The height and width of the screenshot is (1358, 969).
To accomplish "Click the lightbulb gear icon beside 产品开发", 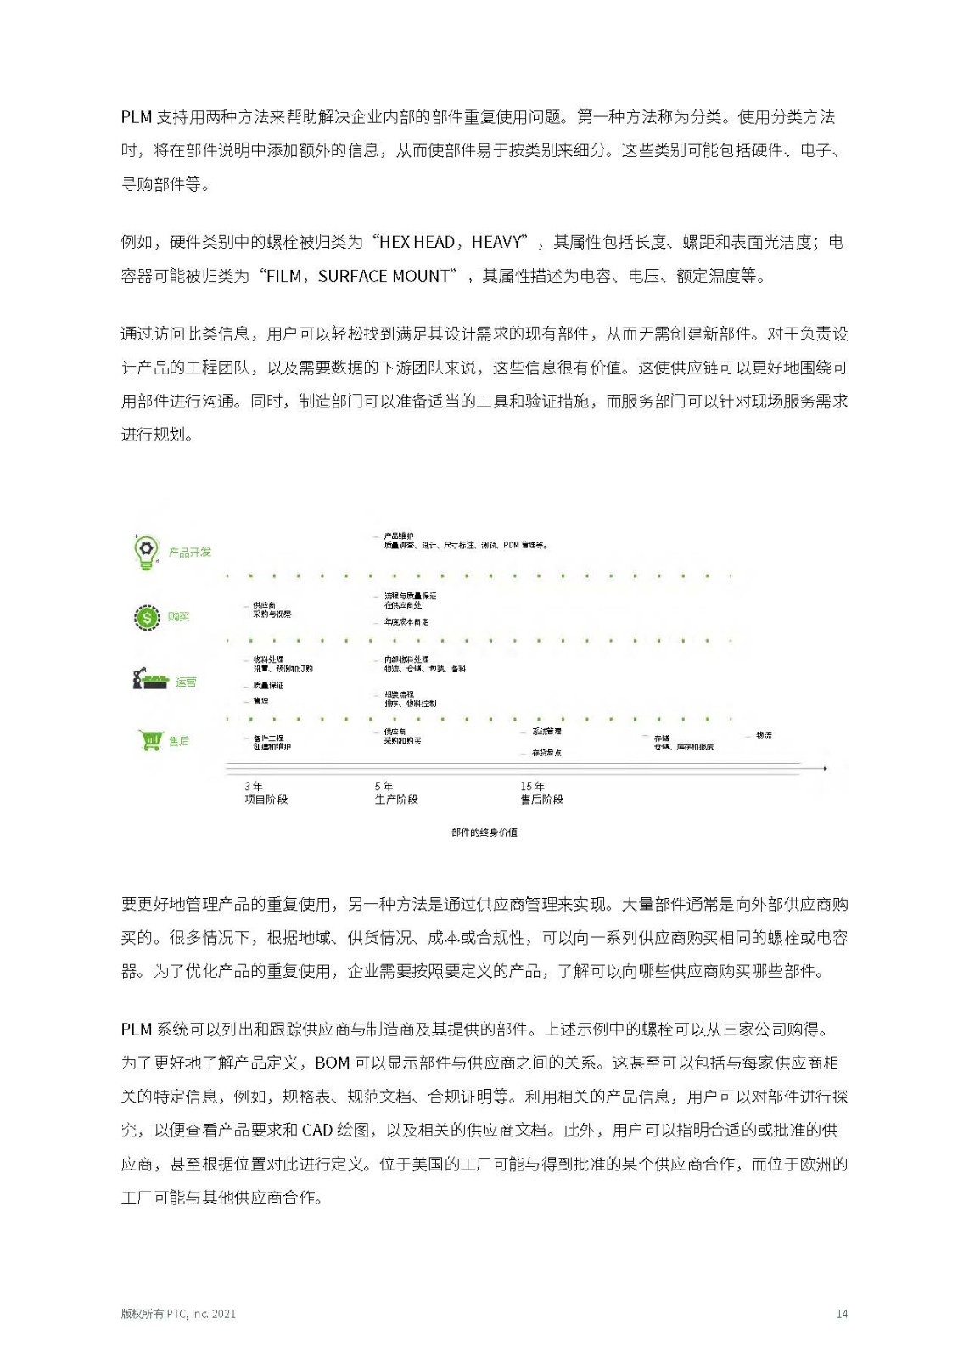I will tap(146, 551).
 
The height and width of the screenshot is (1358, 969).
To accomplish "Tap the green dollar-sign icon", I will tap(147, 617).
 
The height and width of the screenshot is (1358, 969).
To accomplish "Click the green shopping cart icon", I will tap(150, 740).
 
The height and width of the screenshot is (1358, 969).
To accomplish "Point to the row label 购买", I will tap(178, 617).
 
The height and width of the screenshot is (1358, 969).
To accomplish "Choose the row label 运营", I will tap(186, 682).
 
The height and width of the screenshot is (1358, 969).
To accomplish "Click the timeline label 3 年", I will tap(254, 787).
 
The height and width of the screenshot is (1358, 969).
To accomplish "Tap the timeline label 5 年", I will tap(384, 787).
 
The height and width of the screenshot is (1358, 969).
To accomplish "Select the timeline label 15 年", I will tap(532, 787).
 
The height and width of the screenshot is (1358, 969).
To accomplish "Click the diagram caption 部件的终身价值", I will tap(484, 833).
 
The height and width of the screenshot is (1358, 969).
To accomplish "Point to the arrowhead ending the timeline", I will tap(824, 768).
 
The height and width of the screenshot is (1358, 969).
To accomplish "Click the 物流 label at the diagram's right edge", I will tap(764, 736).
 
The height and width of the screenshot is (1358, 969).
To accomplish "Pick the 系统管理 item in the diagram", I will tap(546, 732).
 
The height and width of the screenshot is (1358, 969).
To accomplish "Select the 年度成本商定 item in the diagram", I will tap(406, 622).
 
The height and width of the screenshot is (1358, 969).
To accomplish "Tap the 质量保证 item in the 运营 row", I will tap(268, 686).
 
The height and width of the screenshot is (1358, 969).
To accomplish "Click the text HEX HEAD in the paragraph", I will tap(417, 243).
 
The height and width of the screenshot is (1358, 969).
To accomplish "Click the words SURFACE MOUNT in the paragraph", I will tap(384, 277).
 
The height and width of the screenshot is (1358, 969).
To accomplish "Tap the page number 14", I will tap(842, 1314).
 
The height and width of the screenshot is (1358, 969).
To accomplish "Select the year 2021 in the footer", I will tap(224, 1314).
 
